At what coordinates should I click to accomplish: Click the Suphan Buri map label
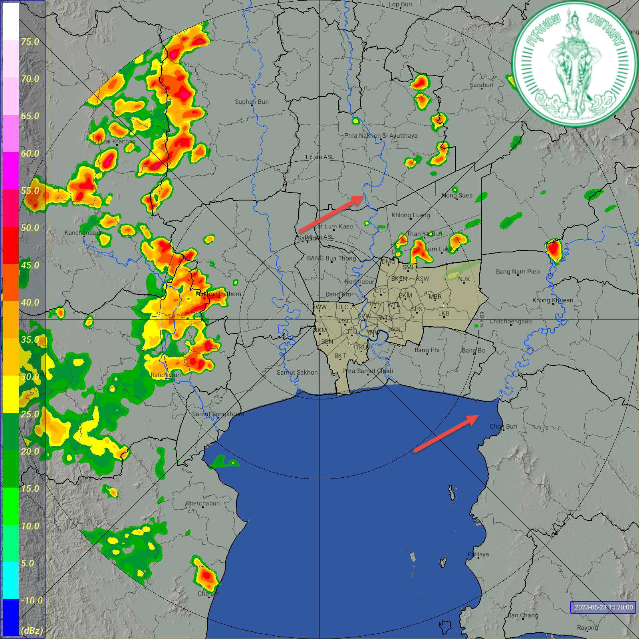pos(252,102)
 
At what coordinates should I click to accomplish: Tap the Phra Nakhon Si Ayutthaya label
pos(381,136)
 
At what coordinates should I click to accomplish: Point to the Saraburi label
pos(481,85)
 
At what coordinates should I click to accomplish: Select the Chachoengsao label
pos(510,321)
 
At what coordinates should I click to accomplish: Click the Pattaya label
pos(478,554)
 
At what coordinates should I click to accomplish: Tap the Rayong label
pos(587,627)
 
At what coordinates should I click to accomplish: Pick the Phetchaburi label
pos(203,503)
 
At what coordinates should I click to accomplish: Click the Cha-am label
pos(208,593)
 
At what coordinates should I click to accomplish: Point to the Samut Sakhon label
pos(297,372)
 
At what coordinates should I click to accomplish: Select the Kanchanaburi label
pos(84,232)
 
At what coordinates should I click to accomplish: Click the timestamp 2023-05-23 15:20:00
pos(603,607)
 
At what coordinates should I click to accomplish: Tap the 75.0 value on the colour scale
pos(30,42)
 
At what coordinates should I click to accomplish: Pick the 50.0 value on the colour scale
pos(30,228)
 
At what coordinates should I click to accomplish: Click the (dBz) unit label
pos(32,631)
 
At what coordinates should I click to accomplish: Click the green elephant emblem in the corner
pos(574,64)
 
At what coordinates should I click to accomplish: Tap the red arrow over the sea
pos(446,433)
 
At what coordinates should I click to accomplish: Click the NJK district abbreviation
pos(464,279)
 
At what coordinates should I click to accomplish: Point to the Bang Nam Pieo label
pos(518,272)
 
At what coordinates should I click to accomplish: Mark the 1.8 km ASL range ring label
pos(319,157)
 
